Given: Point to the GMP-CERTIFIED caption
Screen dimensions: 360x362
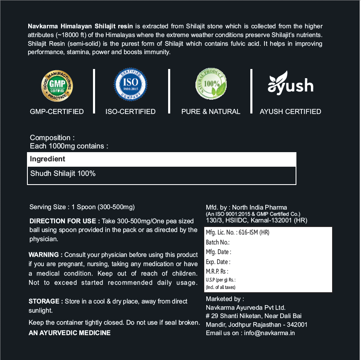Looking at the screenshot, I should pyautogui.click(x=57, y=111).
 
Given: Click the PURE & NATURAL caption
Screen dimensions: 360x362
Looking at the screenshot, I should pyautogui.click(x=210, y=111).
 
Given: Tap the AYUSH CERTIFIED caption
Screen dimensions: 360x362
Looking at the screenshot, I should pyautogui.click(x=290, y=111).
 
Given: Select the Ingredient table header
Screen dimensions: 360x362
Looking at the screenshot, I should pyautogui.click(x=48, y=159).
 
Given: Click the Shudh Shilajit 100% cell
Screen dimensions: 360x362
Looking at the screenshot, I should pyautogui.click(x=63, y=173).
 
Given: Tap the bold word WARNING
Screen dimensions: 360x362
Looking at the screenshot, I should pyautogui.click(x=45, y=254).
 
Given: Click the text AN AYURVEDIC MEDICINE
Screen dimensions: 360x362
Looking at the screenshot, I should pyautogui.click(x=69, y=333).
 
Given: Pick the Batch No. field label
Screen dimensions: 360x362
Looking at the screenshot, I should pyautogui.click(x=218, y=242).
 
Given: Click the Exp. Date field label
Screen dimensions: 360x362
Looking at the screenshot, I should pyautogui.click(x=218, y=262).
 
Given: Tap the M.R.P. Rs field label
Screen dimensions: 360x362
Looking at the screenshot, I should pyautogui.click(x=217, y=271).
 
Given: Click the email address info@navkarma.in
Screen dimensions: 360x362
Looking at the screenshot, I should pyautogui.click(x=269, y=333).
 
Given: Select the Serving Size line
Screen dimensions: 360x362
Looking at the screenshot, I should pyautogui.click(x=82, y=207).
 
